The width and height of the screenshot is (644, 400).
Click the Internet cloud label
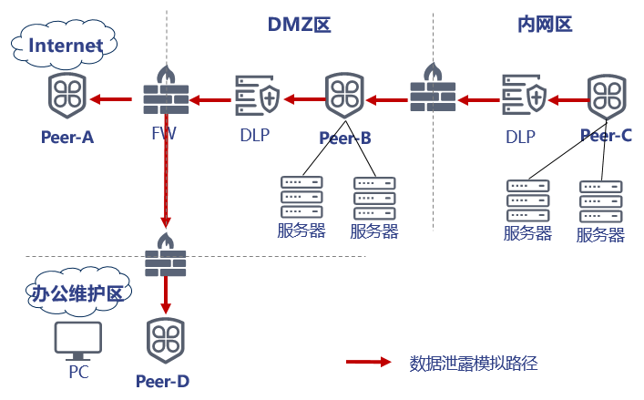pos(65,43)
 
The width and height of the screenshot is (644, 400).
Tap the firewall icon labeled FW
pos(165,92)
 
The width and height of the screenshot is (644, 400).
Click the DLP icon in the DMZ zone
pos(254,97)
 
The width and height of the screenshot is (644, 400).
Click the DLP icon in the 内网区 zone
pos(523,97)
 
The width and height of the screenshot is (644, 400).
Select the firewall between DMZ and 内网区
pos(433,88)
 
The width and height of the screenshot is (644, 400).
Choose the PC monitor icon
pos(77,341)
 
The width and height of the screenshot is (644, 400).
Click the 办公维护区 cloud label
pos(76,293)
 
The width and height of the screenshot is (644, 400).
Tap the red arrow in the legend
pos(368,363)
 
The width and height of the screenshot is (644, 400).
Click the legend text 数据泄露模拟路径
pos(474,363)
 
